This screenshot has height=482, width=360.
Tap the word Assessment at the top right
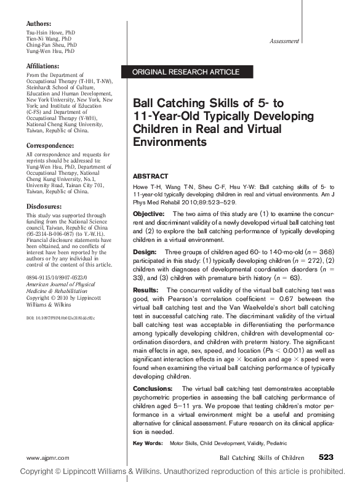[284, 41]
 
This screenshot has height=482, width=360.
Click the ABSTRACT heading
[151, 175]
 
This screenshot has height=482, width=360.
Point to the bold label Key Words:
[148, 443]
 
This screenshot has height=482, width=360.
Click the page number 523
[326, 457]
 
